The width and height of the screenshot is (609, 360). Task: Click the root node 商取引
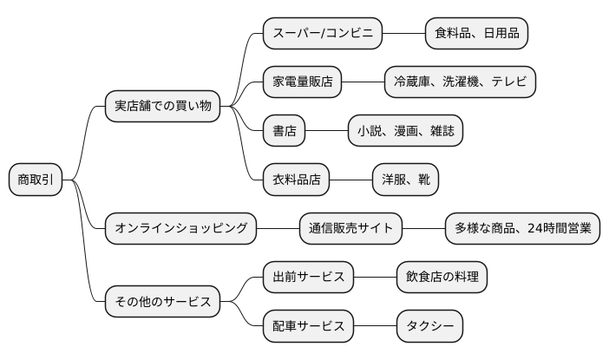click(36, 180)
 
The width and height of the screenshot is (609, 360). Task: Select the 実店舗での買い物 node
click(162, 107)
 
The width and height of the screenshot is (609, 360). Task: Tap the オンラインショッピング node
click(181, 229)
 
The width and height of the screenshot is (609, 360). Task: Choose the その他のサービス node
click(162, 302)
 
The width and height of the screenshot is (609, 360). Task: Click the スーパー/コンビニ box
click(323, 34)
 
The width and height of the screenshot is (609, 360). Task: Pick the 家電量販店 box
click(303, 82)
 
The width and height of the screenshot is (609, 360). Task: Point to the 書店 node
click(285, 131)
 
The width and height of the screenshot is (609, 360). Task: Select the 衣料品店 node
click(297, 180)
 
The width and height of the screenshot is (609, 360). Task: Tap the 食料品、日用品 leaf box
click(476, 34)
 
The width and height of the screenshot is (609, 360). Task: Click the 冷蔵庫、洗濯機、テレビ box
click(461, 82)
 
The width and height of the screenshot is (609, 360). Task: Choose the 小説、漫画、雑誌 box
click(405, 131)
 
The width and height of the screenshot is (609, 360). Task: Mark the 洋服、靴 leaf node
click(405, 180)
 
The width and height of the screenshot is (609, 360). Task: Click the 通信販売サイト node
click(351, 229)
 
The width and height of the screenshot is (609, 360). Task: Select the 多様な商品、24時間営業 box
click(522, 229)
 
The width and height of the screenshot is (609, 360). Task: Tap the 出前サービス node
click(309, 278)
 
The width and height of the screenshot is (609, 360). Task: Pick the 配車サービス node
click(309, 326)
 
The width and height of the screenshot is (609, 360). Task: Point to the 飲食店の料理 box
click(442, 278)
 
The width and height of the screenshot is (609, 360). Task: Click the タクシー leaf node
click(429, 326)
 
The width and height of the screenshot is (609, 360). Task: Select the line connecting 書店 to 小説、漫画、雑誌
click(327, 131)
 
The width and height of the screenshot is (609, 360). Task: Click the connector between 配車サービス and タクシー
click(376, 326)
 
